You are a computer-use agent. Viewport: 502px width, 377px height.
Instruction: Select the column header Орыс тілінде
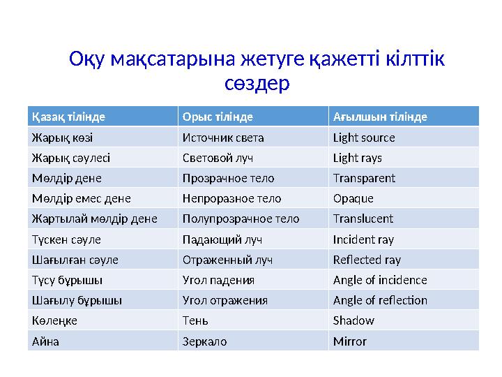(x=217, y=117)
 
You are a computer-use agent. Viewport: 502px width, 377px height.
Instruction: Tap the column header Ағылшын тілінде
(x=381, y=117)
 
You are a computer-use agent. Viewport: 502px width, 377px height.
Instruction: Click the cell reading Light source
(x=364, y=138)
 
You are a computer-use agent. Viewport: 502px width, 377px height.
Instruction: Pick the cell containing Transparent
(x=364, y=178)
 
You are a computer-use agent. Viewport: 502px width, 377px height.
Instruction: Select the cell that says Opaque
(x=353, y=198)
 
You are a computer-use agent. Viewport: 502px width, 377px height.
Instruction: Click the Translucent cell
(x=363, y=219)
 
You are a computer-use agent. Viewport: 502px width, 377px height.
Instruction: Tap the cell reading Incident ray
(x=363, y=239)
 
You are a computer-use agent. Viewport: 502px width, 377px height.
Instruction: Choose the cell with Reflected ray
(x=367, y=260)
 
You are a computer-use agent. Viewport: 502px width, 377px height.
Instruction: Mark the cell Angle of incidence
(x=380, y=280)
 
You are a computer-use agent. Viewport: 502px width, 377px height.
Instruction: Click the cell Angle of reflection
(x=380, y=300)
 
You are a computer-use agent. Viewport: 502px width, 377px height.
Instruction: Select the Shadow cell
(x=353, y=321)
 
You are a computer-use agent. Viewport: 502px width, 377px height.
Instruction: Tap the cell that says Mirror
(x=350, y=341)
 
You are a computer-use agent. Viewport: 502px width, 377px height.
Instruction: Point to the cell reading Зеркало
(x=204, y=341)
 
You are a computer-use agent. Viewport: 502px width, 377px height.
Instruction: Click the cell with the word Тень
(x=195, y=321)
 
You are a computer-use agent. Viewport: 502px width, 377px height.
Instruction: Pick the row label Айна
(x=45, y=341)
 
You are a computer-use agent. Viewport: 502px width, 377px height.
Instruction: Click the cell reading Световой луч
(x=217, y=158)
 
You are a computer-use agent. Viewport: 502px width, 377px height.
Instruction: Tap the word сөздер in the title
(x=257, y=83)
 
